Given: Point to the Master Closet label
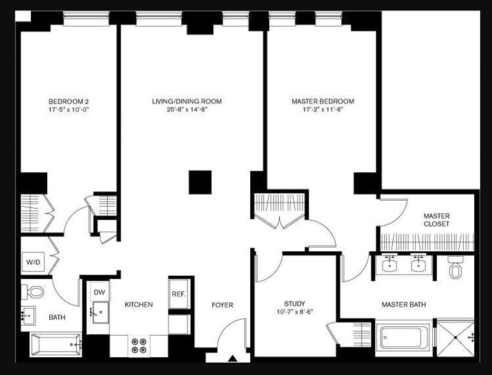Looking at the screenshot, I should point(437,220).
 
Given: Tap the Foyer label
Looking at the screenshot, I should point(222,305).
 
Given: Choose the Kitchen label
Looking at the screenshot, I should point(138,305).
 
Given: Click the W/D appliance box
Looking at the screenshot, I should point(33,263).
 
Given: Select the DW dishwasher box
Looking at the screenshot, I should point(99,292).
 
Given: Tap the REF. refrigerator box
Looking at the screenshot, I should point(178,294).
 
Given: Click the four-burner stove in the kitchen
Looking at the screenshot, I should point(139,345).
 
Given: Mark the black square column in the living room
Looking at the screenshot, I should point(200,182).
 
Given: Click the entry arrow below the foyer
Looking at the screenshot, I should point(233,358).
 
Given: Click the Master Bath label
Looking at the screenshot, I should point(403,305).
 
